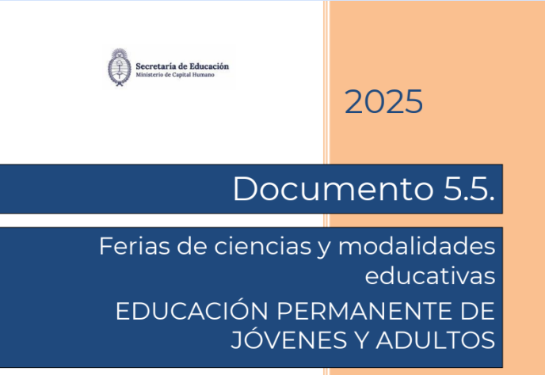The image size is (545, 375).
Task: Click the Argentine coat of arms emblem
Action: tap(119, 67)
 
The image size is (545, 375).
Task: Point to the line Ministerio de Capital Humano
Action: tap(175, 74)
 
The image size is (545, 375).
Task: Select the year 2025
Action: tap(383, 101)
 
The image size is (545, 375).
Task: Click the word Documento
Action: tap(333, 189)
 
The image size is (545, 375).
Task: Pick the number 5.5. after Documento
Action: tap(468, 189)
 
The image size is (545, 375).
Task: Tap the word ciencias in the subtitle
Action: tap(262, 246)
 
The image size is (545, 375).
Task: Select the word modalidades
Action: tap(417, 246)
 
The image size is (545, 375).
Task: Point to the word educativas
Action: tap(429, 276)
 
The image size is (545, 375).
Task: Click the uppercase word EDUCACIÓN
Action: tap(192, 310)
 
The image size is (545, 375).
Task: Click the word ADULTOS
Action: tap(435, 340)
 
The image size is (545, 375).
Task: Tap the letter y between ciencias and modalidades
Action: tap(325, 248)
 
